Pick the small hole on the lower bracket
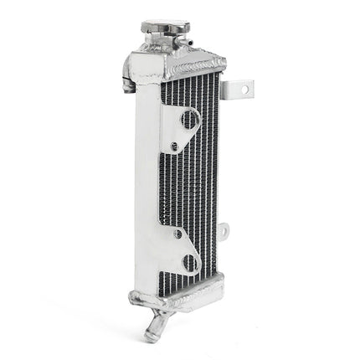pos(177,234)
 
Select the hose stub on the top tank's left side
pos(128,84)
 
